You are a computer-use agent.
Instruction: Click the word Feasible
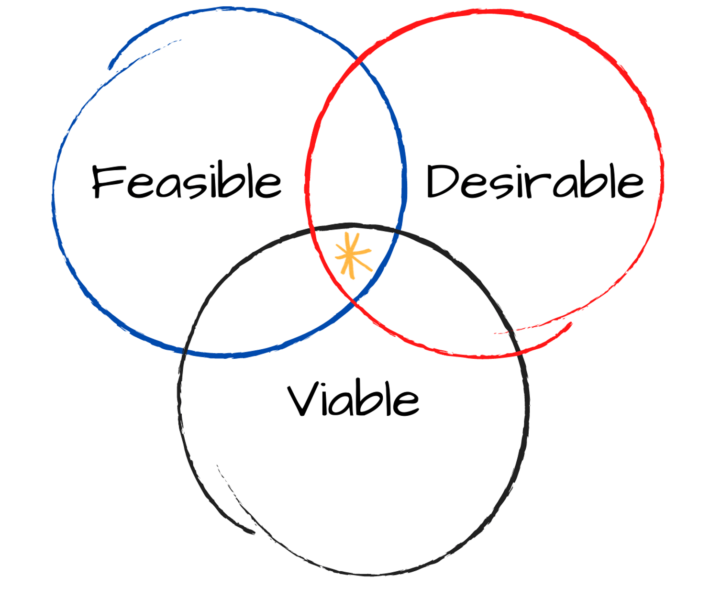click(x=187, y=182)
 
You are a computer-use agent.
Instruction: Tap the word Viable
click(x=353, y=399)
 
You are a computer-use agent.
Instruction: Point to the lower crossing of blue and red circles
click(x=353, y=300)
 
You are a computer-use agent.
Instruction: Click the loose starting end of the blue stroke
click(x=111, y=67)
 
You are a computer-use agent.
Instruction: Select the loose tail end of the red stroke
click(x=570, y=324)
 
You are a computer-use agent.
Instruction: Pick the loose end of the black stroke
click(x=253, y=532)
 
